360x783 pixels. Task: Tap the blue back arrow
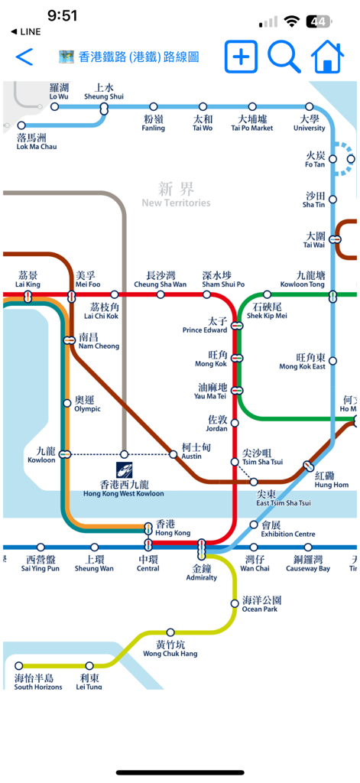tap(24, 57)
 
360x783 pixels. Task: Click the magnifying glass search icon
tap(283, 57)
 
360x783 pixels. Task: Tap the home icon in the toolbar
tap(327, 57)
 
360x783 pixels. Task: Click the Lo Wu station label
tap(59, 92)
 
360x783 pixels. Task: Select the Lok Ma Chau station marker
tap(21, 125)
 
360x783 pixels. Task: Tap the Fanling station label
tap(154, 123)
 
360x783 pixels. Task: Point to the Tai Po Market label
tap(252, 123)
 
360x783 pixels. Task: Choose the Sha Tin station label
tap(314, 200)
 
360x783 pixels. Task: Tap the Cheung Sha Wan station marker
tap(161, 294)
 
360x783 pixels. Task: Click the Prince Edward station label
tap(205, 326)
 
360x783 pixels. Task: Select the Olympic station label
tap(87, 404)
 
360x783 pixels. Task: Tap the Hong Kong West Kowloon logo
tap(125, 469)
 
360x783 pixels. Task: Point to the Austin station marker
tap(174, 454)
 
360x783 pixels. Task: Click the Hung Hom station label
tap(331, 480)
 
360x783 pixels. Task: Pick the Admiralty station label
tap(202, 573)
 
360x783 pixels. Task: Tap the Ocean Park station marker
tap(235, 603)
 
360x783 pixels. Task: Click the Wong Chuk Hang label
tap(170, 648)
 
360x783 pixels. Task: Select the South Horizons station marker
tap(18, 666)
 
